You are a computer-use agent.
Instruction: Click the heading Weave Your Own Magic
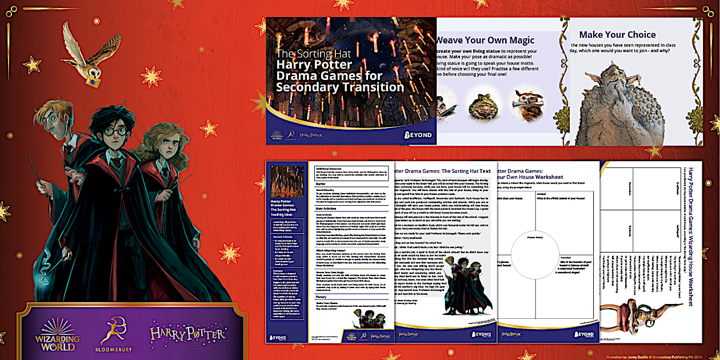point(485,40)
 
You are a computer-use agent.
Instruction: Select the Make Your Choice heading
point(617,34)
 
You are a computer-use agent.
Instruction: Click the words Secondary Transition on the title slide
point(339,87)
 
